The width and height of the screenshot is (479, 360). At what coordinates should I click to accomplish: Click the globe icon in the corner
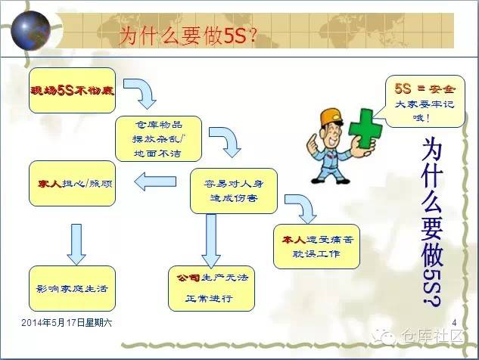31,29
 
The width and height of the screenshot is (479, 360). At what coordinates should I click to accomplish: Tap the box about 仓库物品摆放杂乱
158,138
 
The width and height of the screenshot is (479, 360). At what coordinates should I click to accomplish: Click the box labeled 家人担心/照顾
72,182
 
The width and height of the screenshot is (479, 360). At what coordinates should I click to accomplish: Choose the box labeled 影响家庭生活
72,288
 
